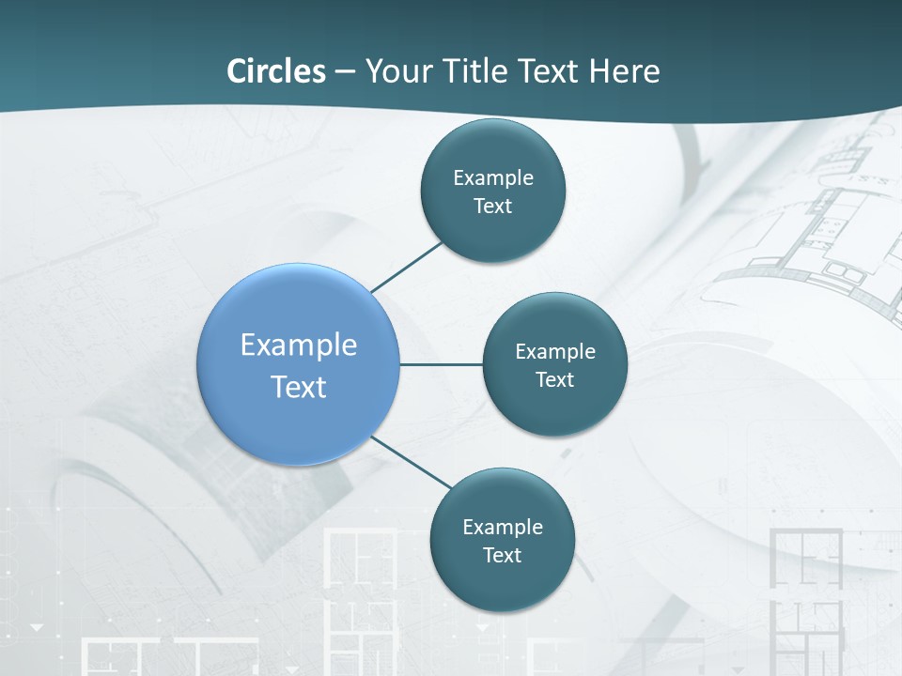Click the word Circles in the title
tap(276, 71)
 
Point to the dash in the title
tap(345, 72)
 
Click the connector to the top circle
tap(406, 267)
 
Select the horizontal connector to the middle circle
tap(442, 364)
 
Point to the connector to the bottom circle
tap(412, 463)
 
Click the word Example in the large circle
tap(299, 345)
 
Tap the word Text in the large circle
tap(299, 386)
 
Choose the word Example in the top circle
tap(493, 177)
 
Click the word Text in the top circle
tap(493, 206)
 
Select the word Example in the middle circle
tap(555, 351)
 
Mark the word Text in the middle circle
tap(555, 379)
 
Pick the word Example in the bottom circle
tap(503, 527)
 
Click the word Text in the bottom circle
tap(503, 555)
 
